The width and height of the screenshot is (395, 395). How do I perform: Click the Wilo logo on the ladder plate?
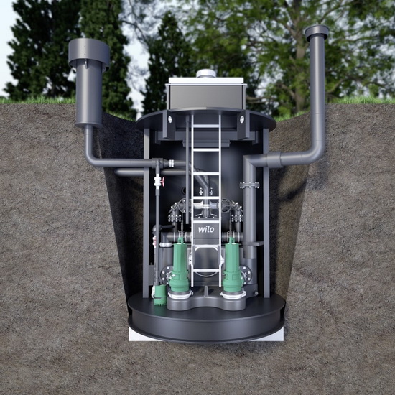click(x=206, y=229)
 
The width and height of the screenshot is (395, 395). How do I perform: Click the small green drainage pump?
click(x=159, y=294)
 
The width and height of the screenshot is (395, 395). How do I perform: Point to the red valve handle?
click(x=163, y=181)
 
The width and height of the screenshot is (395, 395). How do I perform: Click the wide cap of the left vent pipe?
click(x=89, y=52)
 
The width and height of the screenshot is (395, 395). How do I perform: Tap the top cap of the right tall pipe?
click(x=317, y=32)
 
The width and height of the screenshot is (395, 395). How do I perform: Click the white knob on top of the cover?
click(x=206, y=73)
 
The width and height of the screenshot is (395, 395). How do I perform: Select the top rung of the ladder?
click(x=206, y=126)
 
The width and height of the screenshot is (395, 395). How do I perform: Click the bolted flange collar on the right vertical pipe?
click(x=249, y=185)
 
